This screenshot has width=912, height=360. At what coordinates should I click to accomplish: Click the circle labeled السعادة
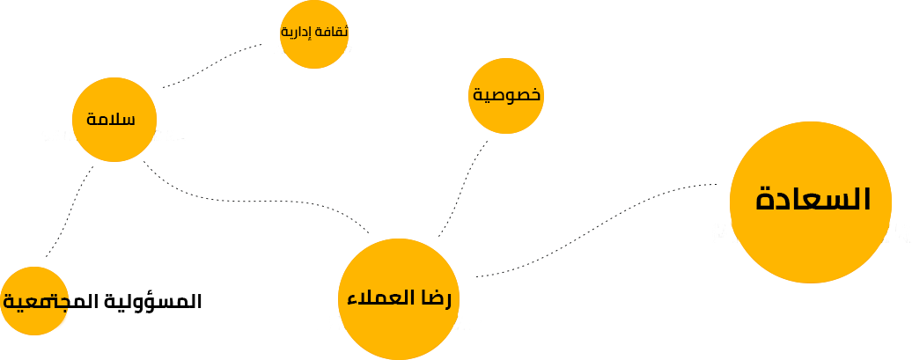point(810,202)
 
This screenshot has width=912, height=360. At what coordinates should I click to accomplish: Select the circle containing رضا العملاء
point(399,299)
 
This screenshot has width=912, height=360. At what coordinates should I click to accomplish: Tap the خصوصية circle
point(506,96)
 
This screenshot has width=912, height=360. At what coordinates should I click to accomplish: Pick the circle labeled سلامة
point(114,119)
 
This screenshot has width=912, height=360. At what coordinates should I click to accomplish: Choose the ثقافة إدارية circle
point(314,34)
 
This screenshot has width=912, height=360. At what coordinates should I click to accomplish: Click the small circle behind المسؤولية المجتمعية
point(34,301)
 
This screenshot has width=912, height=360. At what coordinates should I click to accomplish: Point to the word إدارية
point(296,32)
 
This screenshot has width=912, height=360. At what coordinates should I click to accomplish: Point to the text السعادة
point(813,199)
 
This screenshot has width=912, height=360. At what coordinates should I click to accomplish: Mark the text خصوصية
point(506,95)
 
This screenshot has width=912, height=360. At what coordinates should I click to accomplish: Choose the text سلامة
point(111,119)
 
